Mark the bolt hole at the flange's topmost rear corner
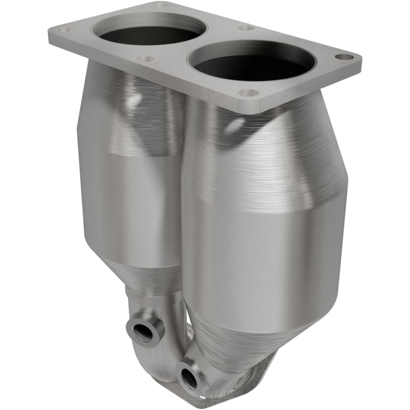click(162, 5)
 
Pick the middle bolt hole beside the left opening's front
click(146, 58)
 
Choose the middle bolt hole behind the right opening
click(246, 27)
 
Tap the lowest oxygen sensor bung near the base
click(187, 376)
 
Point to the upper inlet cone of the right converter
click(268, 148)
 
